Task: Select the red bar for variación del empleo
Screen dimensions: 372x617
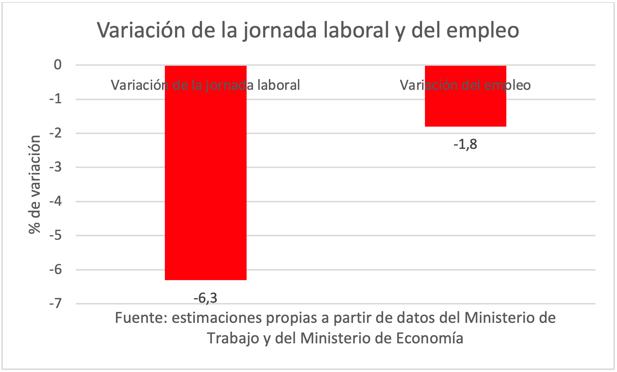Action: [x=465, y=106]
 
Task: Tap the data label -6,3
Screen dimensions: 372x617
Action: [x=205, y=298]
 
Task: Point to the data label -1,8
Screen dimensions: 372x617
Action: [x=465, y=144]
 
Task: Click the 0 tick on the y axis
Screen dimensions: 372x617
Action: [x=58, y=65]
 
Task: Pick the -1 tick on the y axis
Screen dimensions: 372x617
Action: [x=55, y=99]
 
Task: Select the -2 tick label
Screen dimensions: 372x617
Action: [x=55, y=133]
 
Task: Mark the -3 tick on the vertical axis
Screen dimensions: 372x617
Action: [x=55, y=167]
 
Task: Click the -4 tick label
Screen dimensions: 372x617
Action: [x=55, y=202]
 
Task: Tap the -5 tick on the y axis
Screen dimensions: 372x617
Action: [x=55, y=236]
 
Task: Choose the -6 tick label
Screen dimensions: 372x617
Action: [x=55, y=270]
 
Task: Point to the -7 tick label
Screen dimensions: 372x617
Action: [x=55, y=304]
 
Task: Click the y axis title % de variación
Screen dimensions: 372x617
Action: [x=35, y=184]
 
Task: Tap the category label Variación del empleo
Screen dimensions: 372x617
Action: [x=465, y=85]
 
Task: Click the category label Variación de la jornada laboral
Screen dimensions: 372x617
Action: [x=206, y=85]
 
